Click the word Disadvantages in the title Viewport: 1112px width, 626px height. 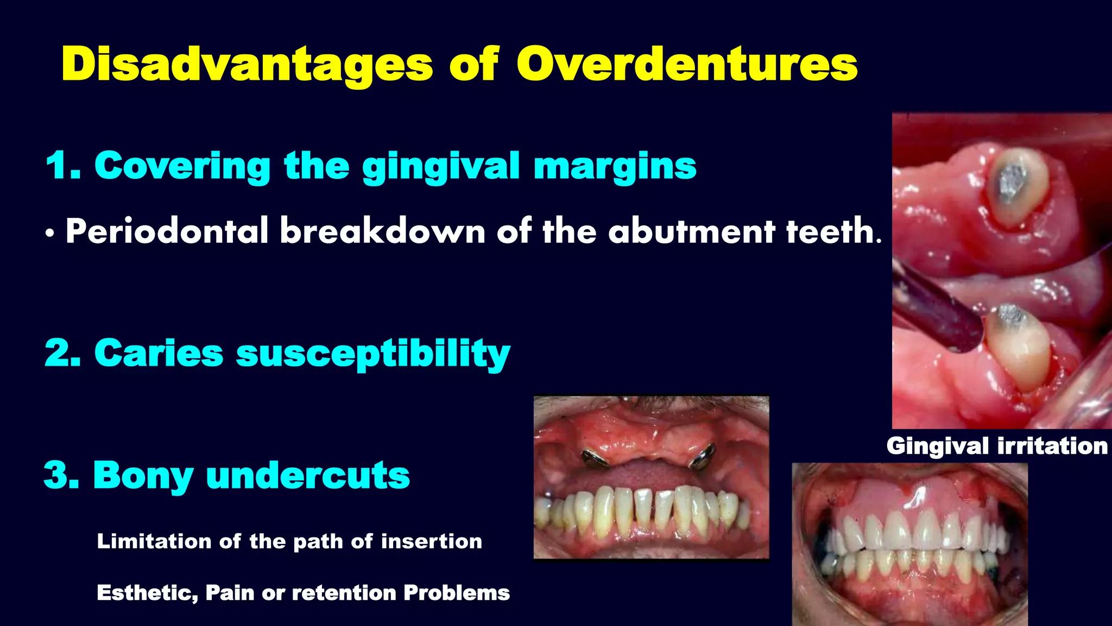[x=247, y=65]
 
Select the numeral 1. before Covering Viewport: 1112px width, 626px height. [x=63, y=166]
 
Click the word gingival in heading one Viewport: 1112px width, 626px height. [x=441, y=167]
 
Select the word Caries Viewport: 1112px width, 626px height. [x=159, y=353]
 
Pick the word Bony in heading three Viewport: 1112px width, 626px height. [x=143, y=475]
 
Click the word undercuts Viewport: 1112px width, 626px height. [x=308, y=475]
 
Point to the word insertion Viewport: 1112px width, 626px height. [x=431, y=541]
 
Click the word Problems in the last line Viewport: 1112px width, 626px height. [x=456, y=593]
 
